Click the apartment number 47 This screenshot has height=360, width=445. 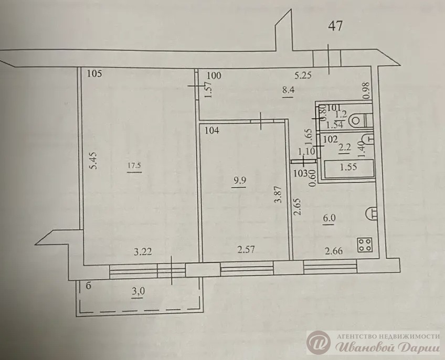[x=335, y=26]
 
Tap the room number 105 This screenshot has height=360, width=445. [x=94, y=74]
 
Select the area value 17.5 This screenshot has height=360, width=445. [x=134, y=166]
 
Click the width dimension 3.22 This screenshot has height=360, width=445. [x=142, y=251]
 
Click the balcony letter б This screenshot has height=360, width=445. [x=89, y=285]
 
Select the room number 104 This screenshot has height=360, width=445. [x=212, y=131]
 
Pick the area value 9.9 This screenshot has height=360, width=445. [x=239, y=180]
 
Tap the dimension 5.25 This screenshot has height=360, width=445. [x=303, y=75]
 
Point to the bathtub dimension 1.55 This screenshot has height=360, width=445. [x=348, y=167]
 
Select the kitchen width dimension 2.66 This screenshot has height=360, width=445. [x=334, y=251]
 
